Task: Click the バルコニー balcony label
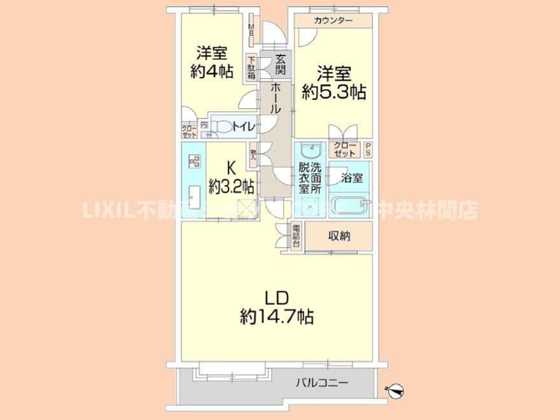click(x=321, y=383)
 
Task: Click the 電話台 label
click(x=296, y=236)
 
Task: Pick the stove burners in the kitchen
click(x=195, y=162)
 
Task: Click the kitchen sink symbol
click(x=195, y=194)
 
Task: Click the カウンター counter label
click(x=333, y=21)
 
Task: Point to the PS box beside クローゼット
click(x=368, y=150)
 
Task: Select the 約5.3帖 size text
click(x=333, y=92)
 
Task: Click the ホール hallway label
click(x=276, y=99)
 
